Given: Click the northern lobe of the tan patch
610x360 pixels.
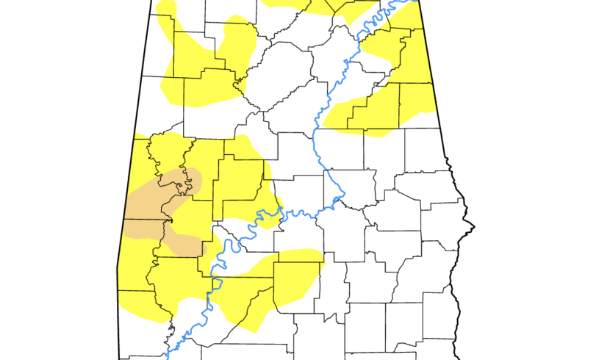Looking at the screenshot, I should tap(158, 192).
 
